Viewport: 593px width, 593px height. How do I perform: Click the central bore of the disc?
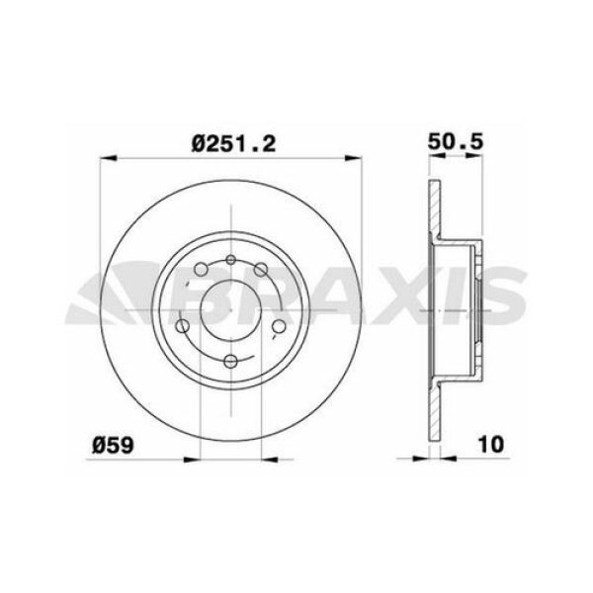pos(230,309)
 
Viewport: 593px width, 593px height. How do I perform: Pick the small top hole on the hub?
pos(230,260)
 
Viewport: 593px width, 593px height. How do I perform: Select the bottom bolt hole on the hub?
pos(230,362)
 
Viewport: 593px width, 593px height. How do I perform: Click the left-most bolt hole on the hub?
pos(183,327)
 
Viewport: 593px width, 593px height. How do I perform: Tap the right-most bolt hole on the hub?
pos(279,327)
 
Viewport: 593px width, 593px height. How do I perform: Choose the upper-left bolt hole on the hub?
pos(201,270)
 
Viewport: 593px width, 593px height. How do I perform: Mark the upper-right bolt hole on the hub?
pos(261,270)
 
